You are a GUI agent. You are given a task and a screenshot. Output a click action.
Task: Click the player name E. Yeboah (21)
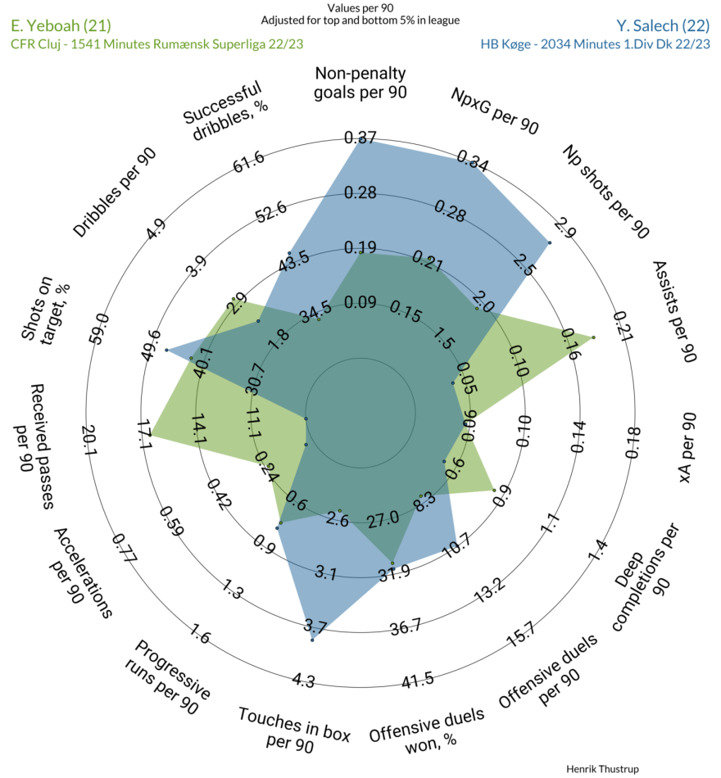coord(61,25)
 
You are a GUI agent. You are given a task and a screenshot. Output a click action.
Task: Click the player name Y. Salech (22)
coord(663,25)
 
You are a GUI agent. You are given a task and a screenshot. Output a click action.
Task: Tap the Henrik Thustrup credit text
coord(602,769)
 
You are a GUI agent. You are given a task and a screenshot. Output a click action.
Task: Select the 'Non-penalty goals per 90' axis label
coord(360,83)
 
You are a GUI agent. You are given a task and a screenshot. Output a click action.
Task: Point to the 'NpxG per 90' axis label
coord(494,111)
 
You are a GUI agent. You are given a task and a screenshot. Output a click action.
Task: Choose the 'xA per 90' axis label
coord(687,447)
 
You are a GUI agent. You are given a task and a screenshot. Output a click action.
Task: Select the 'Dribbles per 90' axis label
coord(115,192)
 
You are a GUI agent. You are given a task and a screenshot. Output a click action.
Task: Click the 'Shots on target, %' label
coord(45,311)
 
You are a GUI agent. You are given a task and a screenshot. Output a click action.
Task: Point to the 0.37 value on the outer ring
coord(360,138)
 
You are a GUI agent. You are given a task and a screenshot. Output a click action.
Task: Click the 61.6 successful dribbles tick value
coord(249,162)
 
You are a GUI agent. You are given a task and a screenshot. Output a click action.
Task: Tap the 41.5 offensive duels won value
coord(418,681)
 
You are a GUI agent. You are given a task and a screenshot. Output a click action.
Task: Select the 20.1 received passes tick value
coord(90,440)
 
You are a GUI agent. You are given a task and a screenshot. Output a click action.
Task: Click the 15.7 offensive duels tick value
coord(521,635)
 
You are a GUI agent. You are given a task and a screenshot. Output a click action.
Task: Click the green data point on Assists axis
coord(593,337)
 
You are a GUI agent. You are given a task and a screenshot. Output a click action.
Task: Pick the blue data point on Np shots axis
coord(549,242)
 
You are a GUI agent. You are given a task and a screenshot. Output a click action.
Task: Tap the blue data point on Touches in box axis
coord(312,640)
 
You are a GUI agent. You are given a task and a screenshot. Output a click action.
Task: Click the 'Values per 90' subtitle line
coord(360,8)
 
